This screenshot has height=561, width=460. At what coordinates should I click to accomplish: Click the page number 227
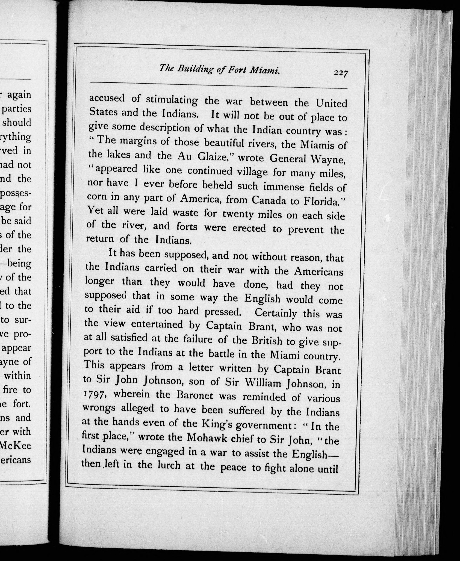(x=341, y=73)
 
